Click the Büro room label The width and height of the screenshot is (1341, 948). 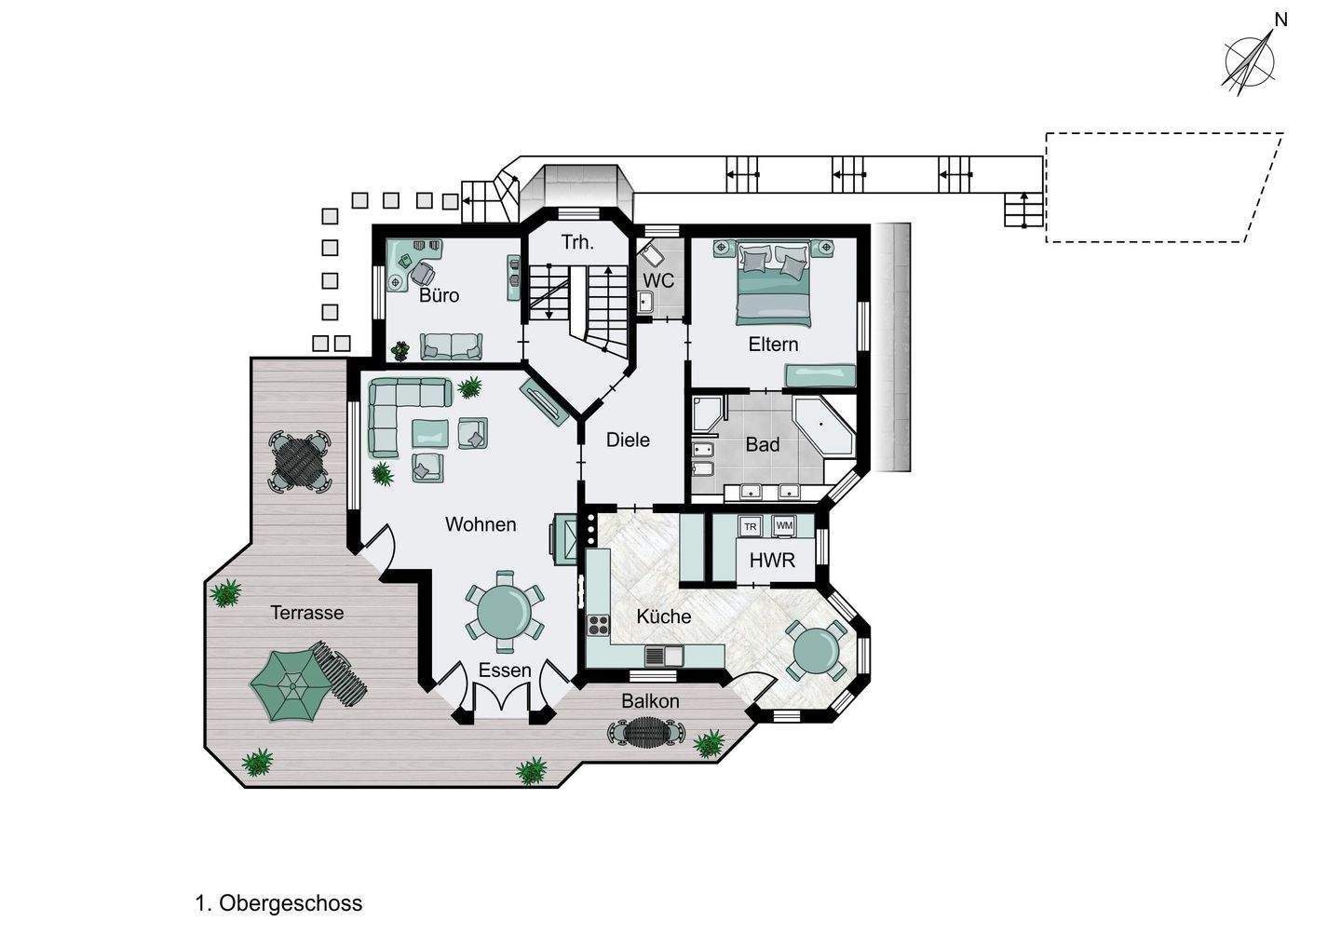pos(439,295)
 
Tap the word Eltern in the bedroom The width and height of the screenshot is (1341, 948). pos(774,345)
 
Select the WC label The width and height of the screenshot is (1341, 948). pos(658,280)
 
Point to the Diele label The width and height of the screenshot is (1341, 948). pos(628,440)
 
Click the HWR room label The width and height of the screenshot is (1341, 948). pos(772,561)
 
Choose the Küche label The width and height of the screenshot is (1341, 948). pos(664,616)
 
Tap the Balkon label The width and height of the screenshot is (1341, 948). pos(650,701)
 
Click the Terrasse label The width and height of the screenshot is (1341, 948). pos(307,613)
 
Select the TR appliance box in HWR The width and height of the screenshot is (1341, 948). pos(751,527)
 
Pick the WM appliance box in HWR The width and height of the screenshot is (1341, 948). pos(784,525)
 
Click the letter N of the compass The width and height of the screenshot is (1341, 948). pos(1280,20)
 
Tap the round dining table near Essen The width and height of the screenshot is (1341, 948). pos(504,612)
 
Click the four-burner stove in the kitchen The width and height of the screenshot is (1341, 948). pos(598,626)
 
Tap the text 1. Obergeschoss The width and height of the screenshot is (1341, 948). pos(279,903)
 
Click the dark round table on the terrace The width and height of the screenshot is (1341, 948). pos(299,462)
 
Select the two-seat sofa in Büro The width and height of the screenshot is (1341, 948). pos(451,346)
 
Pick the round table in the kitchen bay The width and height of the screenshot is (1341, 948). pos(816,651)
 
